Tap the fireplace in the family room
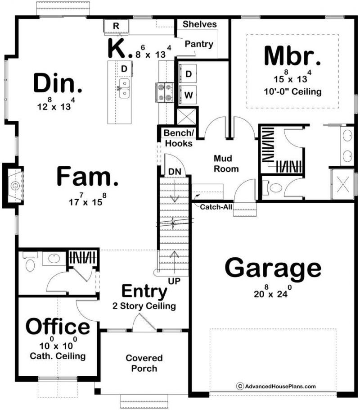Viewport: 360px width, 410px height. tap(13, 186)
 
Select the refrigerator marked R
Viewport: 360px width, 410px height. tap(116, 26)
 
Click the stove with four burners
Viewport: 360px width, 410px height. tap(165, 92)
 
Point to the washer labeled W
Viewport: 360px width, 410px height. tap(188, 95)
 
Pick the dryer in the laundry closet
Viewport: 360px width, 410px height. tap(188, 74)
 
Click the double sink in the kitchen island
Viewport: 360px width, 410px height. tap(124, 88)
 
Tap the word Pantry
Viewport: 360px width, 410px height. tap(199, 44)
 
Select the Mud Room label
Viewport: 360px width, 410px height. tap(226, 164)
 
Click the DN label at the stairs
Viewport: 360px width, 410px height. tap(175, 172)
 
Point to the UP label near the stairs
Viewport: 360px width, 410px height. tap(174, 281)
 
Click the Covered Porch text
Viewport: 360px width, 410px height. tap(144, 363)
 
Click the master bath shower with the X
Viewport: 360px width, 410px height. tap(342, 184)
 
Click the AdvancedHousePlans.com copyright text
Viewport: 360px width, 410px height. tap(276, 386)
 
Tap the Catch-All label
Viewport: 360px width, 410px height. tap(216, 207)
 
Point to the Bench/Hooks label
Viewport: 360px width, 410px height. tap(179, 138)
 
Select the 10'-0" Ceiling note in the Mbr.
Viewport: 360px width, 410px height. tap(292, 92)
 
